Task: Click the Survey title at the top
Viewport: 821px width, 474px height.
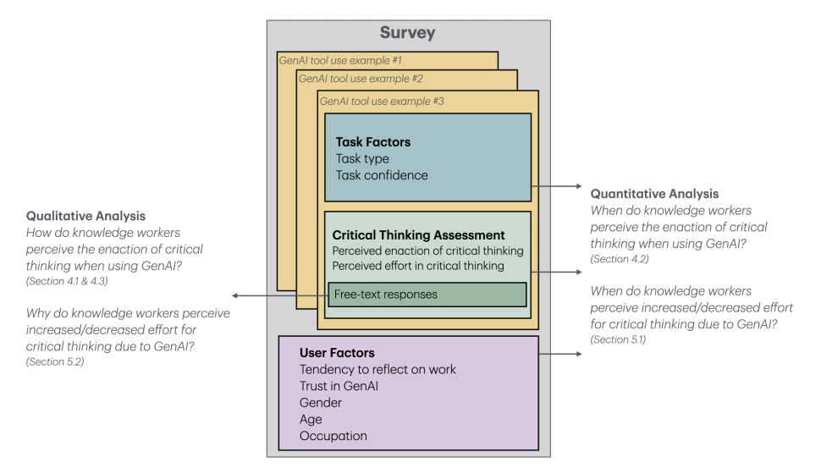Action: tap(408, 34)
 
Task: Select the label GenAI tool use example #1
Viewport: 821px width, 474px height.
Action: tap(335, 60)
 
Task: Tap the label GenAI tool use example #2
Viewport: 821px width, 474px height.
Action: tap(355, 79)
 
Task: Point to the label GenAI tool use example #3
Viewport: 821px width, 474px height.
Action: tap(377, 101)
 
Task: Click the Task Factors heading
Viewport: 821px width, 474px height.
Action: tap(372, 142)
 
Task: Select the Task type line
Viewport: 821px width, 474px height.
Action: tap(362, 158)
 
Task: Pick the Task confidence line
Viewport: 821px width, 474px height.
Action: tap(382, 175)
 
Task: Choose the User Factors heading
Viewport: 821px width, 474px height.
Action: tap(336, 351)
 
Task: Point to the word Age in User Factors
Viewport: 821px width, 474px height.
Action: tap(311, 419)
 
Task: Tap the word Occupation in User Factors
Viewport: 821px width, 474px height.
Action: tap(333, 436)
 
